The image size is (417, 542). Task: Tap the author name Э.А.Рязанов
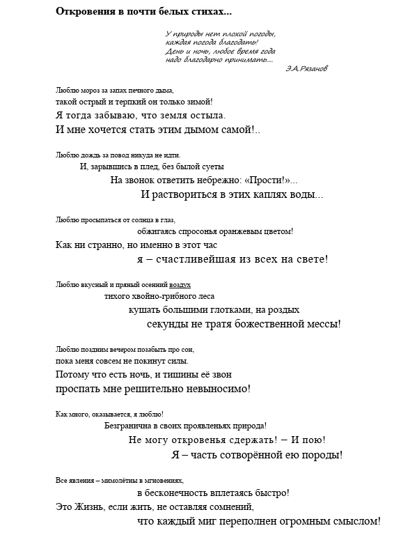[306, 68]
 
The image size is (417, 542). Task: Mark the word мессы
[319, 323]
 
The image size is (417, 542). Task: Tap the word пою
[313, 440]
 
